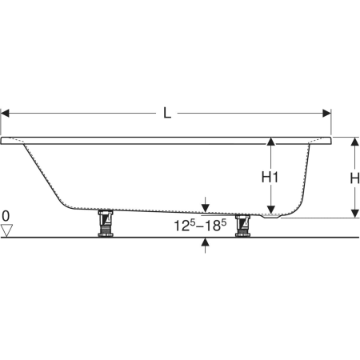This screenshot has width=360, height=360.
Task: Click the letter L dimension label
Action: coord(167,113)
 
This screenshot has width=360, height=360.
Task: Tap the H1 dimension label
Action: coord(270,177)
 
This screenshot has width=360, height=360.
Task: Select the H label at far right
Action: coord(354,178)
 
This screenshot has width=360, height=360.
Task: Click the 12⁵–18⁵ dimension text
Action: coord(200,226)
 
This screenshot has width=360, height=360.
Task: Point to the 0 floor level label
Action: coord(6,216)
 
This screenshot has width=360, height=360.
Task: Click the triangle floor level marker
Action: coord(6,230)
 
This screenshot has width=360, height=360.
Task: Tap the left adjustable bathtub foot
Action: coord(106,223)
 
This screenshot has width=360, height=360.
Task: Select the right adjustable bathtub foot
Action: coord(242,226)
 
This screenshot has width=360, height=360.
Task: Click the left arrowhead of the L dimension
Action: coord(5,113)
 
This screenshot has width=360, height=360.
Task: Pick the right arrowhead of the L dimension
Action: coord(326,113)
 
